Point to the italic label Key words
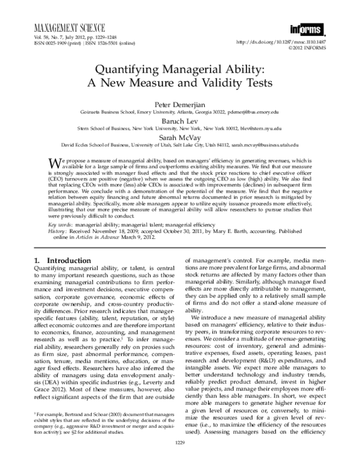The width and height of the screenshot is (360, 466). [x=60, y=223]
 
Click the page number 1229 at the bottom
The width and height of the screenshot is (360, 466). [x=179, y=460]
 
